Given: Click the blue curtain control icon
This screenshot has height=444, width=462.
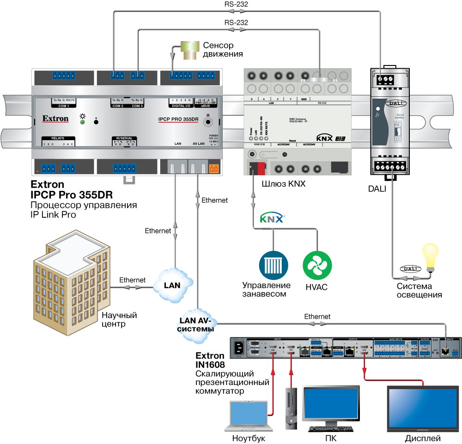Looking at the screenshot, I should point(274,265).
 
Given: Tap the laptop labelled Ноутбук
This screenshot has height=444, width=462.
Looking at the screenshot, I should point(249,415).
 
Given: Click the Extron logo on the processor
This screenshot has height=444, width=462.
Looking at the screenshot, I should point(55,119).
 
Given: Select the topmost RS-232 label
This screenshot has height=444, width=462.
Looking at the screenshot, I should point(237,4).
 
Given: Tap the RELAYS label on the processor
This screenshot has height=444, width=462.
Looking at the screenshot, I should point(58,138).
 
